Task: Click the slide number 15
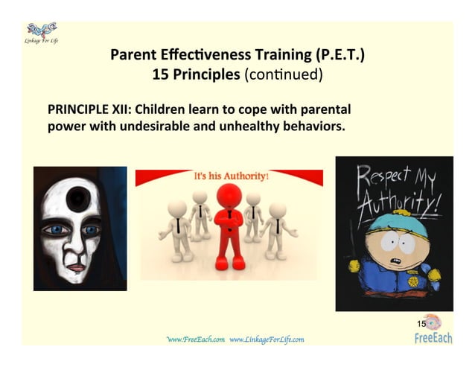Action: (421, 324)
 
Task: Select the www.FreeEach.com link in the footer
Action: (196, 339)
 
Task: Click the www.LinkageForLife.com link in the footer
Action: (267, 339)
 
